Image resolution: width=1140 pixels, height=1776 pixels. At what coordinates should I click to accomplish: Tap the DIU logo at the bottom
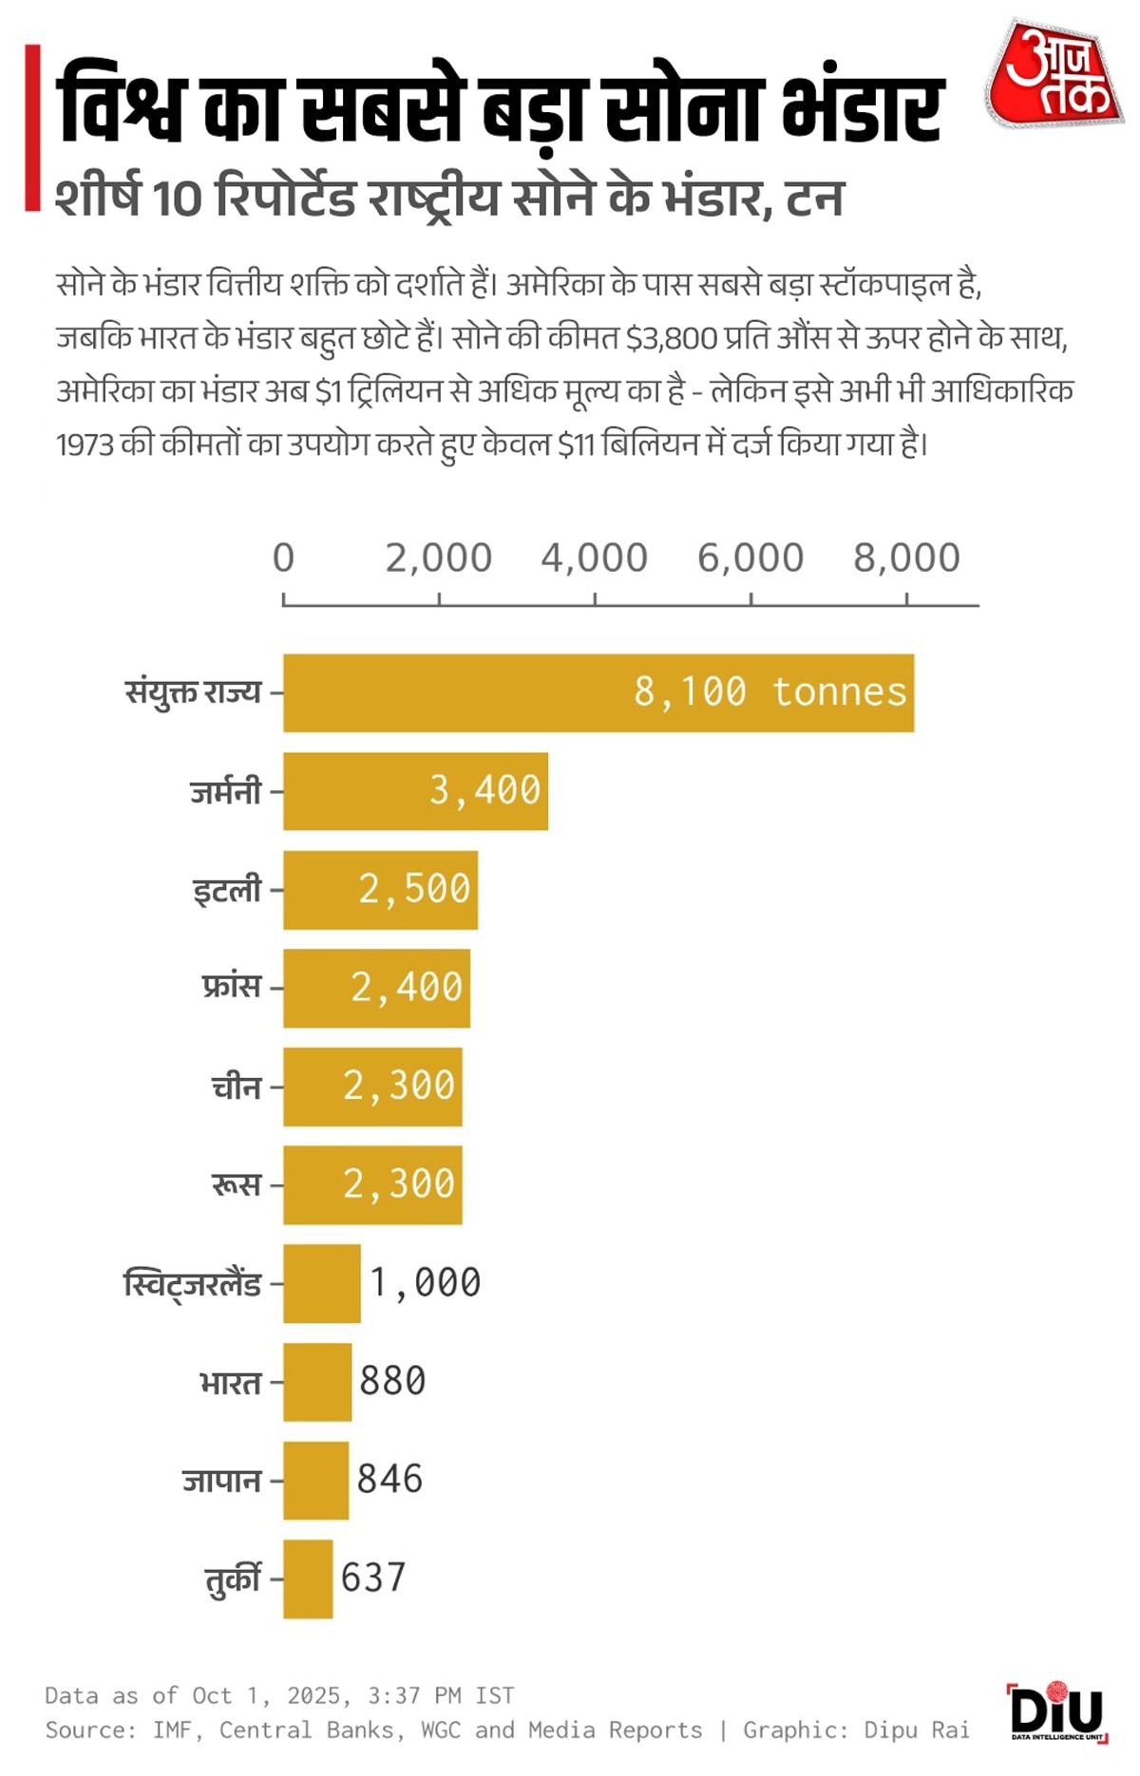pyautogui.click(x=1056, y=1711)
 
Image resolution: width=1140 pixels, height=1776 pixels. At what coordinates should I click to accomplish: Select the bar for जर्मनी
pyautogui.click(x=415, y=791)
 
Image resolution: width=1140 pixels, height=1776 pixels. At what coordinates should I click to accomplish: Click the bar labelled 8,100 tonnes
pyautogui.click(x=598, y=692)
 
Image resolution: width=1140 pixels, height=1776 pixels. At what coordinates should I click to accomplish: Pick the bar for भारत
pyautogui.click(x=317, y=1382)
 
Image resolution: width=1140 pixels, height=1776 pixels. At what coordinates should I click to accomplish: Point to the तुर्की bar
pyautogui.click(x=308, y=1578)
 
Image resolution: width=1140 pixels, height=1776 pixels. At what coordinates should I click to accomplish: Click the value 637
pyautogui.click(x=373, y=1578)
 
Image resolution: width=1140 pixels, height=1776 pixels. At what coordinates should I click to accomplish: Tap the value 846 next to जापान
pyautogui.click(x=389, y=1480)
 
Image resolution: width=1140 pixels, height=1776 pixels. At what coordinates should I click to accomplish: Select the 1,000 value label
pyautogui.click(x=425, y=1283)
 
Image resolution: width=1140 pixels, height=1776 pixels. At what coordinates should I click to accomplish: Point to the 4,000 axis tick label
pyautogui.click(x=595, y=558)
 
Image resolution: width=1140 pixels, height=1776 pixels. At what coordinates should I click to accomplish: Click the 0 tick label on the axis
pyautogui.click(x=283, y=558)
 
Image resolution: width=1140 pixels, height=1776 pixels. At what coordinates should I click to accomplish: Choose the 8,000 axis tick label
pyautogui.click(x=906, y=558)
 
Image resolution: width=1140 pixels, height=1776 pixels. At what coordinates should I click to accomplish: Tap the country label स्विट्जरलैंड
pyautogui.click(x=193, y=1284)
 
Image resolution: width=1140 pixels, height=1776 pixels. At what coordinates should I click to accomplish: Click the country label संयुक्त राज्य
pyautogui.click(x=193, y=692)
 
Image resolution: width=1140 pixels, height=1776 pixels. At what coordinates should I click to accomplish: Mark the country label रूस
pyautogui.click(x=236, y=1184)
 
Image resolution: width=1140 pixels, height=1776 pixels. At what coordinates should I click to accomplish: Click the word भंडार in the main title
pyautogui.click(x=863, y=106)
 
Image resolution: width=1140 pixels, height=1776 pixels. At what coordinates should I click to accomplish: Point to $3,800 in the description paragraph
pyautogui.click(x=671, y=338)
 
